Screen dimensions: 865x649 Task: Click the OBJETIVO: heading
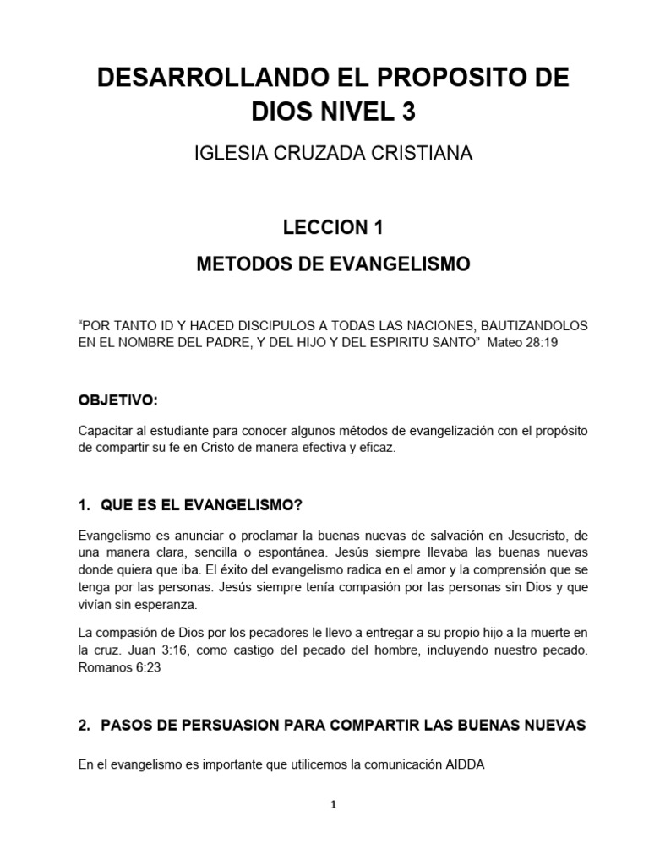click(x=117, y=399)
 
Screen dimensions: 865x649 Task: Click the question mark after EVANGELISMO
click(x=297, y=505)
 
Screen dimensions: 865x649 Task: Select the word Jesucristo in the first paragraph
click(x=515, y=536)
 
